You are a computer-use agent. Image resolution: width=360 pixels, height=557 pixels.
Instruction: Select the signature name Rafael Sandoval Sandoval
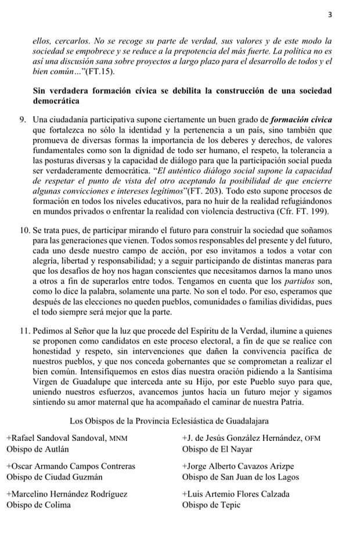coord(56,438)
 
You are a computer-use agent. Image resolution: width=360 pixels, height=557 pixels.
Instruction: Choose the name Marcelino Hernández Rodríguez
coord(67,494)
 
